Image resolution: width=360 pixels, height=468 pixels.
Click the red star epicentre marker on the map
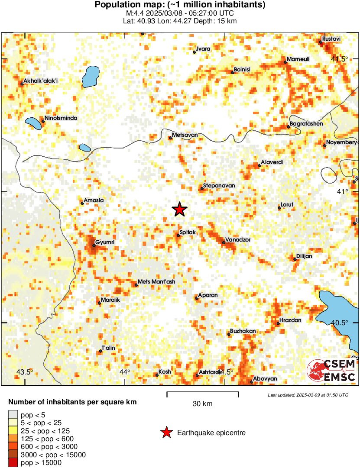point(179,210)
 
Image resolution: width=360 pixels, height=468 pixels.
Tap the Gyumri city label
point(104,242)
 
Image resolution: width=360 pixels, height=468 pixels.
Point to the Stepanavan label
point(219,185)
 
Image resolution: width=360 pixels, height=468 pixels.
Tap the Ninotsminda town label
point(61,118)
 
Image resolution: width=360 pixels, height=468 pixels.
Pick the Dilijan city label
point(304,256)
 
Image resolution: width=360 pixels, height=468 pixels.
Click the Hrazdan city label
point(290,320)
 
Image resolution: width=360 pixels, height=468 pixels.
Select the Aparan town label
point(208,295)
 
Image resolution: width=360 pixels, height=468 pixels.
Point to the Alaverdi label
point(272,162)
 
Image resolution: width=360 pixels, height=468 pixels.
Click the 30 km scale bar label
point(202,404)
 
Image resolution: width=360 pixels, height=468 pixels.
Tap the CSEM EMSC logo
point(331,371)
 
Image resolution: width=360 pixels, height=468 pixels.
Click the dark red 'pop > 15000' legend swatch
point(13,463)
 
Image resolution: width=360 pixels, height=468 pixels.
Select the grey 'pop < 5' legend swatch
point(13,415)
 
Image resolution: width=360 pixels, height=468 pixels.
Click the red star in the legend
point(165,432)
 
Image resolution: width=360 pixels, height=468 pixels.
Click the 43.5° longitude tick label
point(25,372)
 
